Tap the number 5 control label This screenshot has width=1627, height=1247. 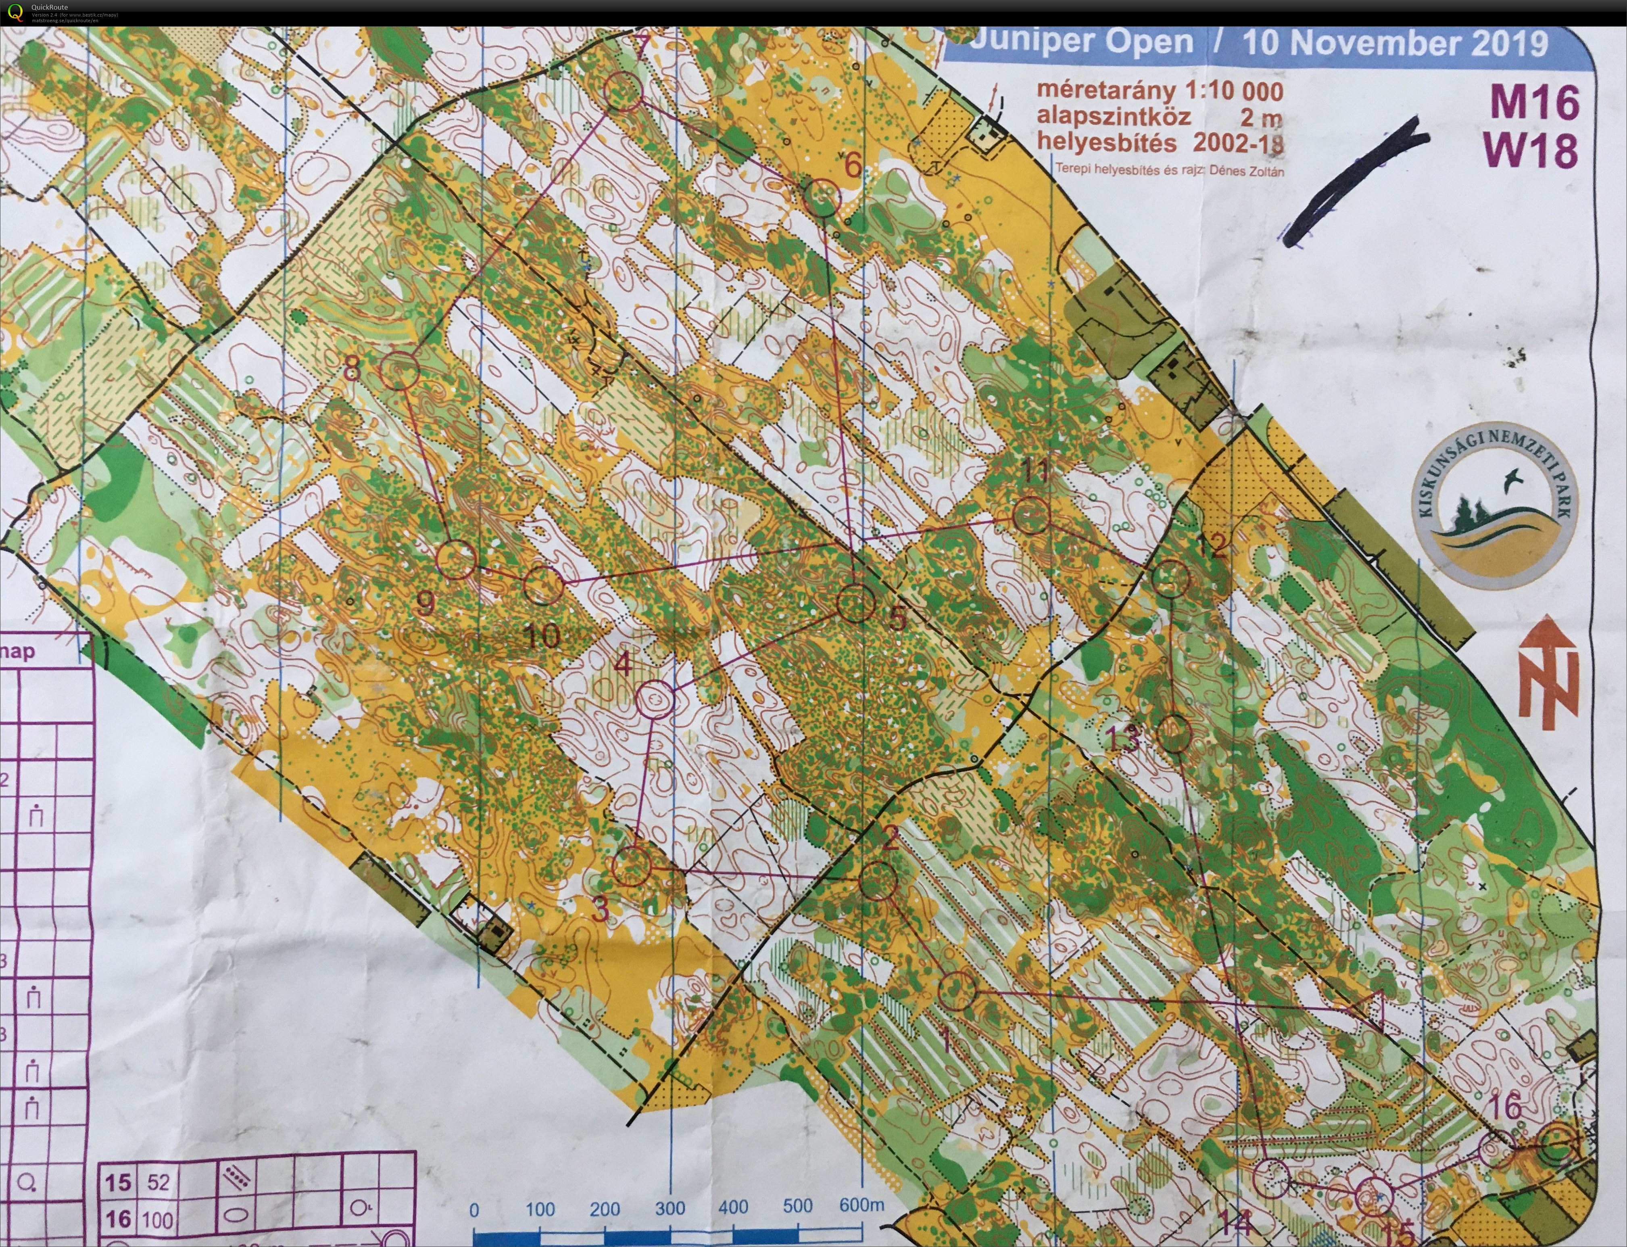pos(898,618)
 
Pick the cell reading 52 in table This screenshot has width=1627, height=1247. pos(158,1182)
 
